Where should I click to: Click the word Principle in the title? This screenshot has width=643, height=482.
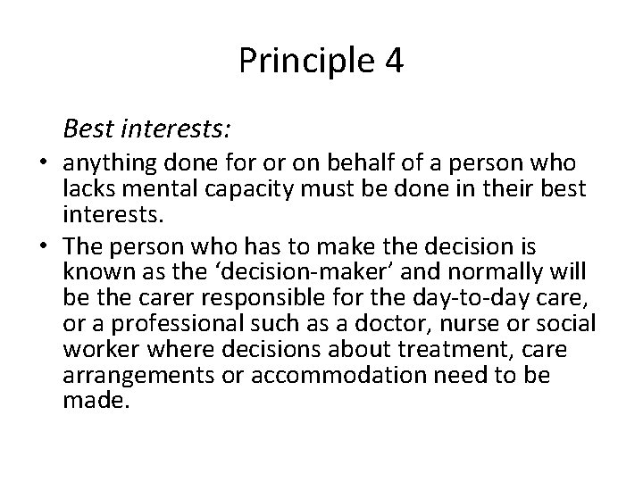(x=301, y=61)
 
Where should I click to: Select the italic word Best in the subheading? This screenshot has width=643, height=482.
(x=88, y=129)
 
